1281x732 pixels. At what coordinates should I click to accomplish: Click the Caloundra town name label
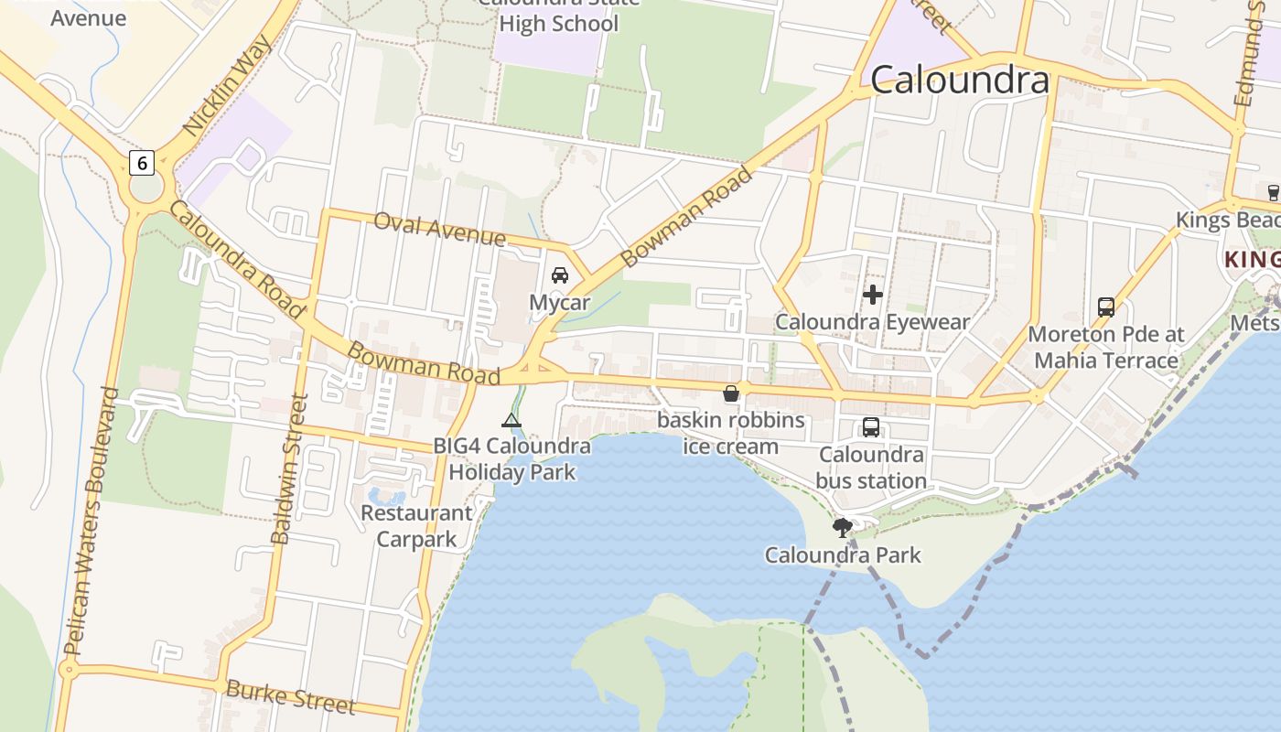959,81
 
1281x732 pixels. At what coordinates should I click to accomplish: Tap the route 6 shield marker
141,164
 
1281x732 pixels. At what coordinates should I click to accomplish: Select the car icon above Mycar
559,275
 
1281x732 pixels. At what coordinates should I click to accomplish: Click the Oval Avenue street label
439,229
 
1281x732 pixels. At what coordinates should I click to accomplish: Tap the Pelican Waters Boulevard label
90,522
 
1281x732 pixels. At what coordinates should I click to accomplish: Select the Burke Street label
290,696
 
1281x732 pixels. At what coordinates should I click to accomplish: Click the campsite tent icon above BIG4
511,421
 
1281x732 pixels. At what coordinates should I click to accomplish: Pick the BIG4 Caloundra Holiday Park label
511,459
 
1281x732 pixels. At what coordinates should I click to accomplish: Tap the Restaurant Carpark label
416,526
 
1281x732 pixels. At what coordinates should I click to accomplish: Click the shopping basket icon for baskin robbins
731,394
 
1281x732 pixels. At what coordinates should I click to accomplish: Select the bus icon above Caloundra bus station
870,427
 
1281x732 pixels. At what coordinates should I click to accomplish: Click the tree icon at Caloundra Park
842,527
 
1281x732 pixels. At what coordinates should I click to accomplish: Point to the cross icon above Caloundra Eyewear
872,295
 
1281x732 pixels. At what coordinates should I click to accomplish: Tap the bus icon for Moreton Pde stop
1105,307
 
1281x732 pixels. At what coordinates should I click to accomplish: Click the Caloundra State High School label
558,16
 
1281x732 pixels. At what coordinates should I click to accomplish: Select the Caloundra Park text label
843,555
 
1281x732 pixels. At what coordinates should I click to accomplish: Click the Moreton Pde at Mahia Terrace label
1105,347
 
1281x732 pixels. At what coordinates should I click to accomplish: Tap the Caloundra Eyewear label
872,322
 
